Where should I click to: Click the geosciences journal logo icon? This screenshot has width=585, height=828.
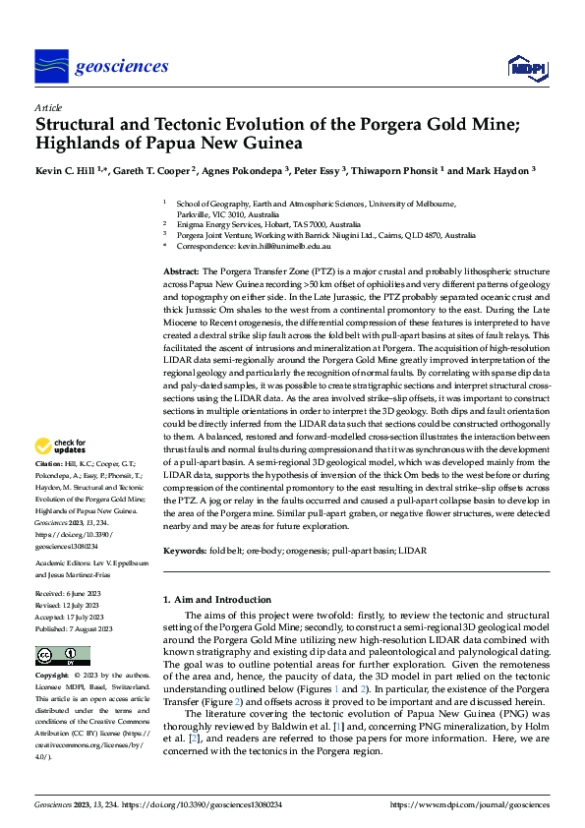click(x=51, y=66)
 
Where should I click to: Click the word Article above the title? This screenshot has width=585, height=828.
click(x=48, y=107)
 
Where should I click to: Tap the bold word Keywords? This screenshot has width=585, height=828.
click(x=184, y=551)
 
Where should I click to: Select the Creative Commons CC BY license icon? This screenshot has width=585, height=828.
click(x=63, y=656)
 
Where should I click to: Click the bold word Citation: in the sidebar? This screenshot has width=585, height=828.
click(x=49, y=462)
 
